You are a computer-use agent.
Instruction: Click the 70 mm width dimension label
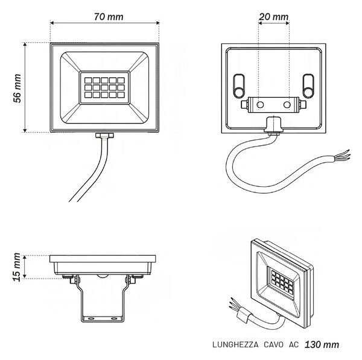pyautogui.click(x=109, y=17)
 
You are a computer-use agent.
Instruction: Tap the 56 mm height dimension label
pyautogui.click(x=17, y=89)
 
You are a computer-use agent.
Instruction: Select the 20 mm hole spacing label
pyautogui.click(x=273, y=17)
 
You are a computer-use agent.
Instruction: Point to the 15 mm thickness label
pyautogui.click(x=17, y=267)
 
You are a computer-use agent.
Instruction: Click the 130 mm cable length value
pyautogui.click(x=322, y=345)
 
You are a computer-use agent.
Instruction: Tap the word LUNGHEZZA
pyautogui.click(x=235, y=345)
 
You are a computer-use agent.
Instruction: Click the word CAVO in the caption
pyautogui.click(x=273, y=345)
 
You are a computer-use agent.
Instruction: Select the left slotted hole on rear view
pyautogui.click(x=239, y=86)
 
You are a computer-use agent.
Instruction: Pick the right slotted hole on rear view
pyautogui.click(x=308, y=86)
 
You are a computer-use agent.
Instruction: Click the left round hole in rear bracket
pyautogui.click(x=260, y=105)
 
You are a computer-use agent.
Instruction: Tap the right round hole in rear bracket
pyautogui.click(x=287, y=105)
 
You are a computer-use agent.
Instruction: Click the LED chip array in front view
pyautogui.click(x=104, y=87)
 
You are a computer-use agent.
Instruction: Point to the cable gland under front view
pyautogui.click(x=104, y=135)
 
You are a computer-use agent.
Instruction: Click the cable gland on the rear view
pyautogui.click(x=273, y=126)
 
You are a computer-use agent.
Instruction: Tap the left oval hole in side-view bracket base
pyautogui.click(x=91, y=318)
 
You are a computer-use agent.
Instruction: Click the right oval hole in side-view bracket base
pyautogui.click(x=114, y=318)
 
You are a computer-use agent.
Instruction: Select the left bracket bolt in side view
pyautogui.click(x=74, y=280)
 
